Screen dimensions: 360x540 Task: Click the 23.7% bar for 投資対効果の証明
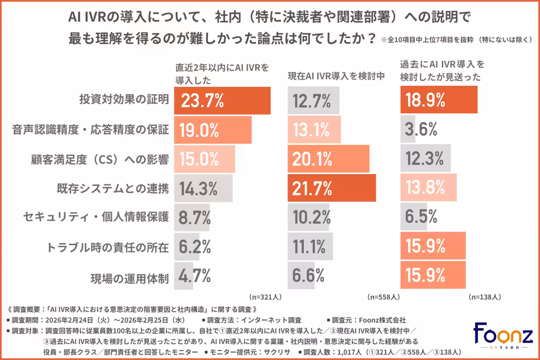[x=222, y=101]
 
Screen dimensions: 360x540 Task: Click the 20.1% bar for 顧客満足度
[x=328, y=159]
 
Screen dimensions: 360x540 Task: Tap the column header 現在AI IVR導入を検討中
[x=336, y=76]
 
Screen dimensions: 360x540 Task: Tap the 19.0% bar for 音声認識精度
[x=212, y=130]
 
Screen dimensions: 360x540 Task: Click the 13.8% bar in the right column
[x=428, y=189]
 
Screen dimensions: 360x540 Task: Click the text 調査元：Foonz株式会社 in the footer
[x=369, y=320]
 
